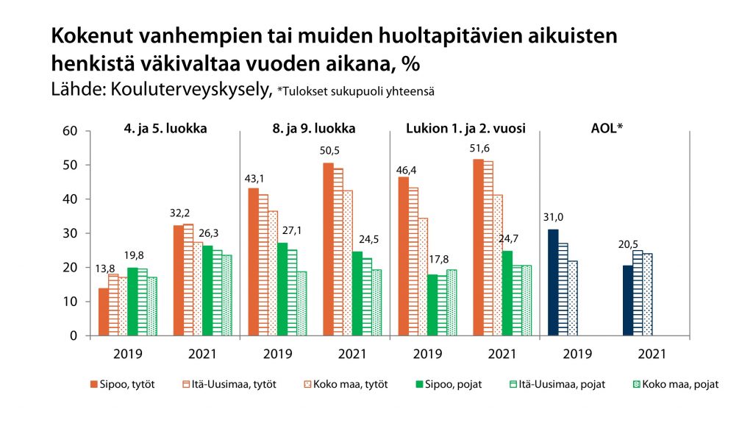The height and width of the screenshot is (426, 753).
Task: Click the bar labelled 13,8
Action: point(103,312)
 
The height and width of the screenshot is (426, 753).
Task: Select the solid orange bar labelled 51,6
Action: point(478,247)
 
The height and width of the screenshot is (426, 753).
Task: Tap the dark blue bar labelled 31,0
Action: point(553,283)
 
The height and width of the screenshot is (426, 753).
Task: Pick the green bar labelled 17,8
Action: point(432,305)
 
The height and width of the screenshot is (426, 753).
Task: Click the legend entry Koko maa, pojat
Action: point(677,383)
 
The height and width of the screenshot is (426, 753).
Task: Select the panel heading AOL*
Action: point(607,128)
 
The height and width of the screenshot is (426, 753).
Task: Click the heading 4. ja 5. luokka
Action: point(165,128)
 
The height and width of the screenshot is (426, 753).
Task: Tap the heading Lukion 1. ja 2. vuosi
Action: point(465,128)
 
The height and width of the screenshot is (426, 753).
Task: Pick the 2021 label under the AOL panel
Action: point(651,353)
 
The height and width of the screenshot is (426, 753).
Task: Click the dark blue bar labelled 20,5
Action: point(627,300)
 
